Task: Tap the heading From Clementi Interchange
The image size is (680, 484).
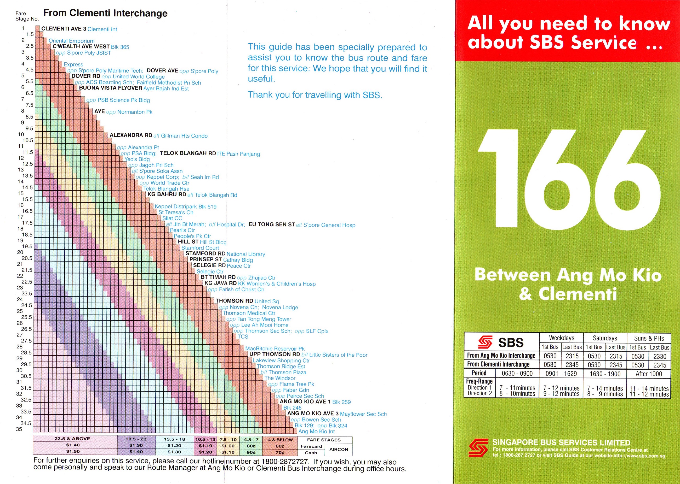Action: (105, 13)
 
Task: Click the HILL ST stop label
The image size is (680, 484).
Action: (188, 242)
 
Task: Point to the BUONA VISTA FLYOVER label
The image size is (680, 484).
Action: (110, 88)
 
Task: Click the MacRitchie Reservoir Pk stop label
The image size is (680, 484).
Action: (275, 349)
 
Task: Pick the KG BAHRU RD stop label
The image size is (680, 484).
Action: (167, 194)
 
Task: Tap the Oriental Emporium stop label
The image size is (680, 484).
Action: (71, 41)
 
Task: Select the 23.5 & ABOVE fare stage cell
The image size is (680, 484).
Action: (72, 439)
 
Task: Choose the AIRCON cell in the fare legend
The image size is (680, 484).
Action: (338, 449)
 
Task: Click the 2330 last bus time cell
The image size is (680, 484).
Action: (659, 356)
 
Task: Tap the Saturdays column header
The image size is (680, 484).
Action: (604, 338)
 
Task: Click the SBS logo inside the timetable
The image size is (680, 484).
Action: (501, 342)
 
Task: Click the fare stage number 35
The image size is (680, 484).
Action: (19, 429)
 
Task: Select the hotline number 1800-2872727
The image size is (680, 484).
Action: (284, 462)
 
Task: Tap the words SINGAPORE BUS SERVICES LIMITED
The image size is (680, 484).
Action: (561, 442)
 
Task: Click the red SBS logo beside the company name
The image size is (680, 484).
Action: (478, 448)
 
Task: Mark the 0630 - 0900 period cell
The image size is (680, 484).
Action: (517, 373)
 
